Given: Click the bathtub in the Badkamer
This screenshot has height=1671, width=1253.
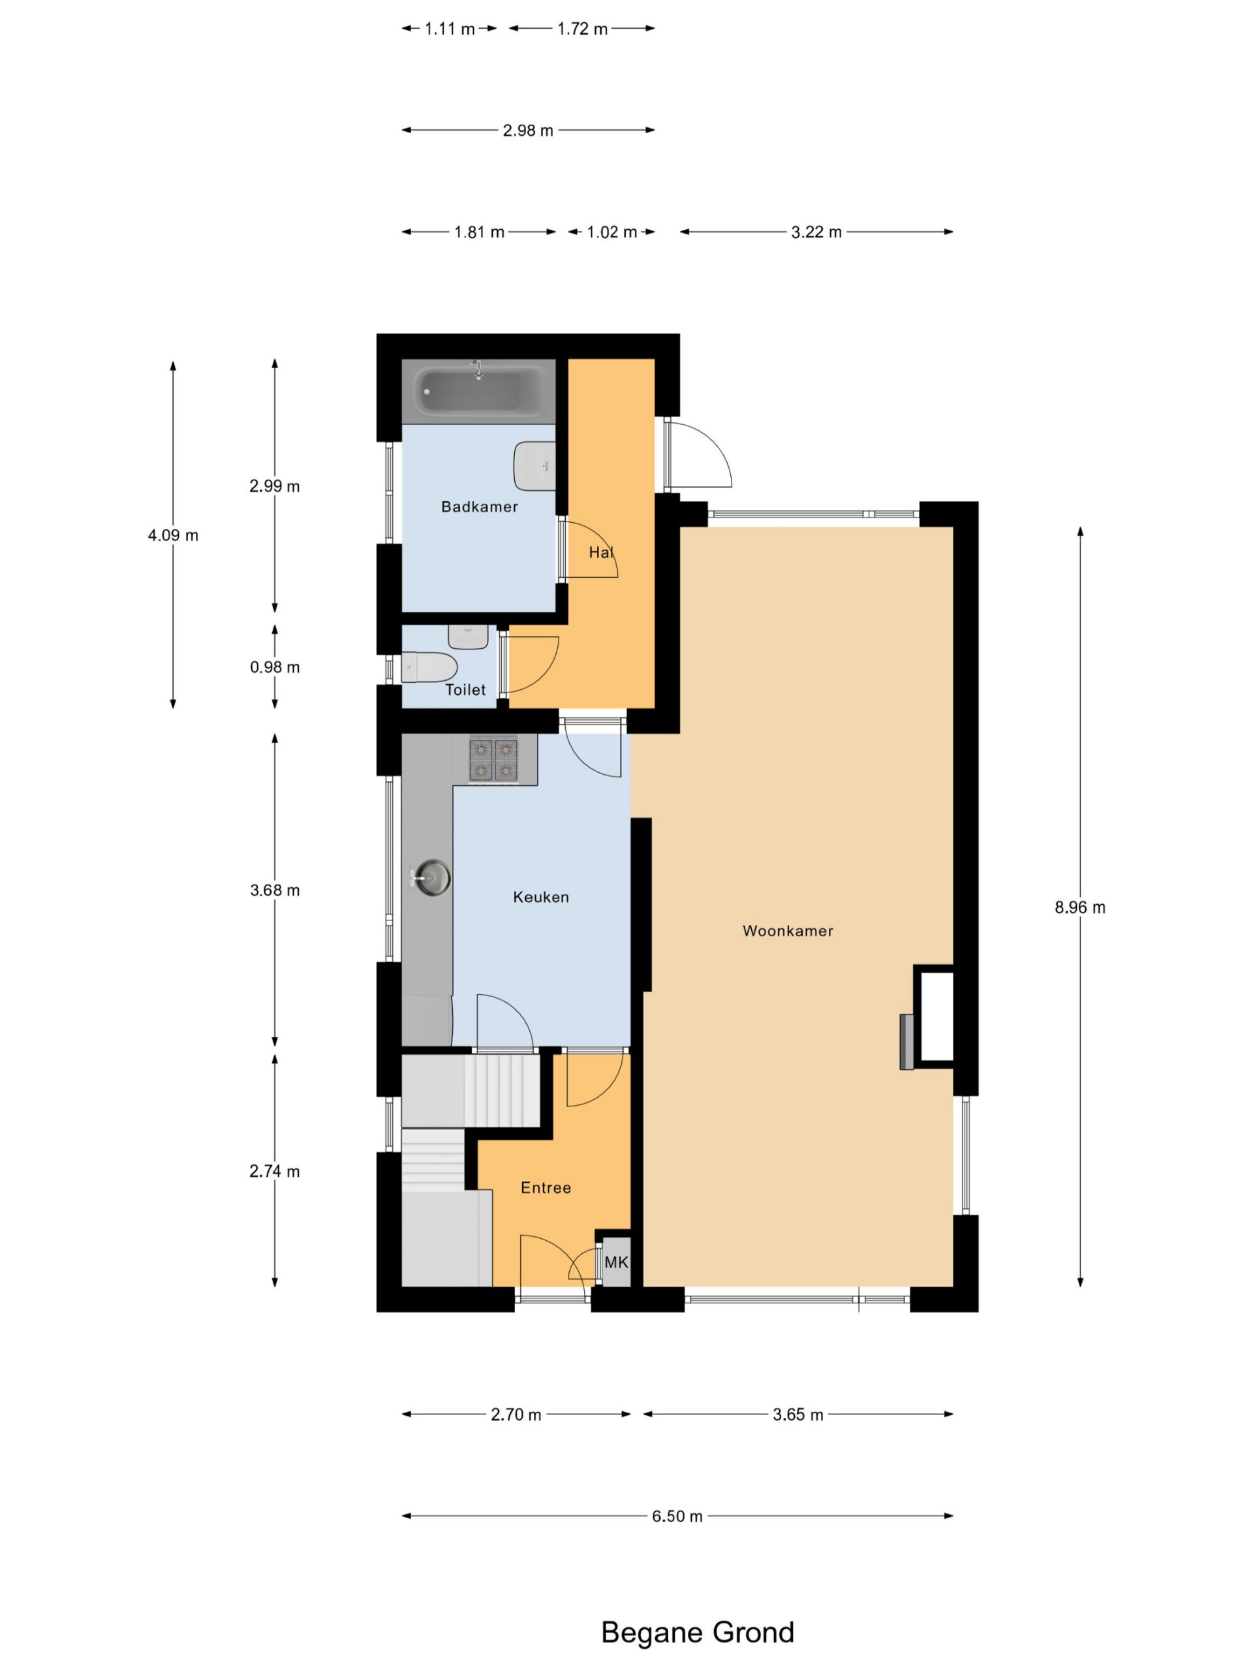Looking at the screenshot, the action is point(478,390).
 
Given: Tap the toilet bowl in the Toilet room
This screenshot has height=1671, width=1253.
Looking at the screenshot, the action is point(429,667).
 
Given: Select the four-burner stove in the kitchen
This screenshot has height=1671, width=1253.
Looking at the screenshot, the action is point(493,759).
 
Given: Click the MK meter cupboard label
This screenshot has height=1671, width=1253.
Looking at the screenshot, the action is point(616,1262).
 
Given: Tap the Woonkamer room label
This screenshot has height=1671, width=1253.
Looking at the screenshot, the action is point(788,931).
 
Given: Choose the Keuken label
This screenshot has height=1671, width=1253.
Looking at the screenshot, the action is point(541,897).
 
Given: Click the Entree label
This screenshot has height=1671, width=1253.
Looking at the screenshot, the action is point(546,1187).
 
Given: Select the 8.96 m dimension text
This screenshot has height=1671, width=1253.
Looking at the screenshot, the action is point(1080,907).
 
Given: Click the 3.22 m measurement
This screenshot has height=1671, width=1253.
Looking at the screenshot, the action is point(816,232).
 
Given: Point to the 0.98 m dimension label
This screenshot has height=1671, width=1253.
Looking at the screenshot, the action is point(275,667).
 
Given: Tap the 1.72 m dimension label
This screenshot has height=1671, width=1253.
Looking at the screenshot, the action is point(582,29).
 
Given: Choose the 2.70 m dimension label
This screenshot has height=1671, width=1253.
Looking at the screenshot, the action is point(516,1414).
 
